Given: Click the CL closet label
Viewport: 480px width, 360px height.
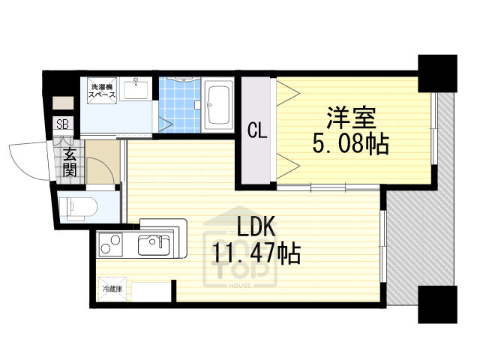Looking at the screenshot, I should [256, 131].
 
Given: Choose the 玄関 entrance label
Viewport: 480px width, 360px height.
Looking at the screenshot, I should [69, 163].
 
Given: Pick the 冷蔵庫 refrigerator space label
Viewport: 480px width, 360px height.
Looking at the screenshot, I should [111, 288].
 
